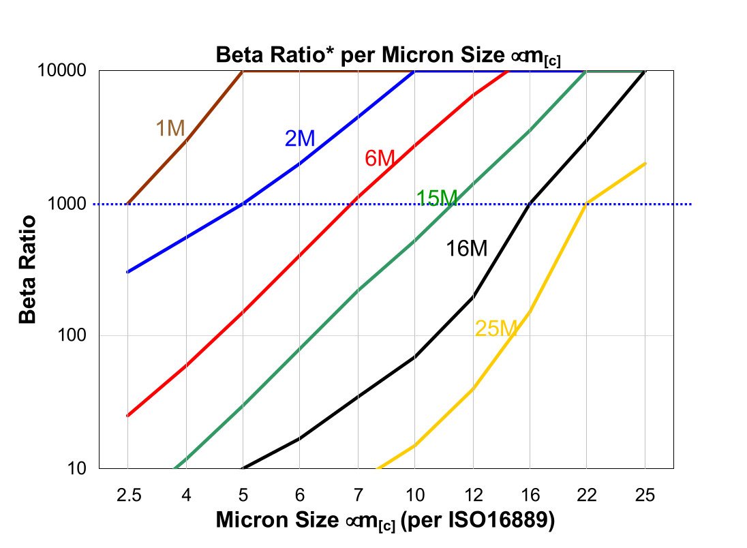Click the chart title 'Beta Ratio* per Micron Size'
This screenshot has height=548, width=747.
388,55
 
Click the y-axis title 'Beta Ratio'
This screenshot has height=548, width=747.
27,269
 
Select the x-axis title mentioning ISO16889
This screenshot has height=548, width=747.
386,520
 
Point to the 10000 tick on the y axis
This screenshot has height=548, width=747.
67,71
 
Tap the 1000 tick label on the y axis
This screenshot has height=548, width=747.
71,204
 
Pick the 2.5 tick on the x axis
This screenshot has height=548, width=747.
128,496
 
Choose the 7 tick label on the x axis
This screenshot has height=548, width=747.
358,496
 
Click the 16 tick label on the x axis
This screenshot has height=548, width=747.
530,496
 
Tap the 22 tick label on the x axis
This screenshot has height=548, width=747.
587,496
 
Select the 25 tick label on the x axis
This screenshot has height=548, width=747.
645,496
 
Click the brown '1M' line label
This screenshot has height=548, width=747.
170,128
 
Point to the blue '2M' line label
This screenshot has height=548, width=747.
300,139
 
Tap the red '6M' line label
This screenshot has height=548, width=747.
380,159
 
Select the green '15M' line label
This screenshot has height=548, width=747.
437,198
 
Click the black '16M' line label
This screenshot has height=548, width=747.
467,249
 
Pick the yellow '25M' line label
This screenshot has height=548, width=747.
497,329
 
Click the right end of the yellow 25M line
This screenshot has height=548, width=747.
645,164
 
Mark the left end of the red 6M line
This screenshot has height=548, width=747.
128,415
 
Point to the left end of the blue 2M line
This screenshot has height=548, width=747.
128,272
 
